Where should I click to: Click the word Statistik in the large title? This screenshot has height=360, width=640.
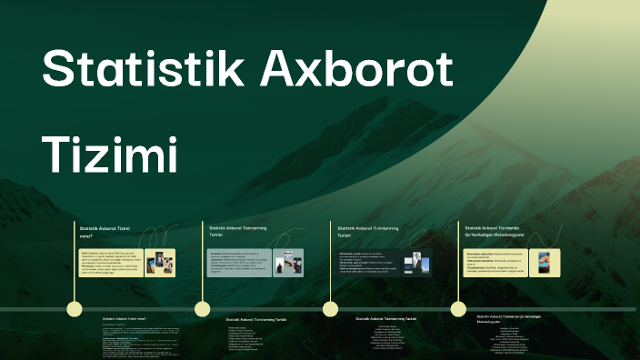click(136, 69)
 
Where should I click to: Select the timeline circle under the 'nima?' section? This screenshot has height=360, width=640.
click(75, 309)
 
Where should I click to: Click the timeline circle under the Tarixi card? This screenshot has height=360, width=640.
click(203, 309)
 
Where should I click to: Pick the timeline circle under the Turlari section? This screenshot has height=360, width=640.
click(330, 309)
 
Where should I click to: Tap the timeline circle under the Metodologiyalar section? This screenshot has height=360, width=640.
click(458, 309)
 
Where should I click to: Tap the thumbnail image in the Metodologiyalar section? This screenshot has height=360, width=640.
click(544, 262)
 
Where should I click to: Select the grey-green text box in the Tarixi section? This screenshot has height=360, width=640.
click(238, 262)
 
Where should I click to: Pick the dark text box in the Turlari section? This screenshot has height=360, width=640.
click(368, 262)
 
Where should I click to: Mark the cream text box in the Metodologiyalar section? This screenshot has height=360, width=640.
click(495, 262)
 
